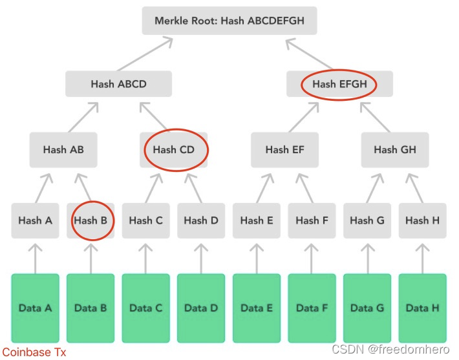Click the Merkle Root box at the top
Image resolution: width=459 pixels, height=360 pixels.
229,21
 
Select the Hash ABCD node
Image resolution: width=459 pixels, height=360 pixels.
118,84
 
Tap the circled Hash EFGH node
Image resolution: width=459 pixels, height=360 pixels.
339,84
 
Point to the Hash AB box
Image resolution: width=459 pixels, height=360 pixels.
63,150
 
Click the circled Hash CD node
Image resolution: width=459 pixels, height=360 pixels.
174,150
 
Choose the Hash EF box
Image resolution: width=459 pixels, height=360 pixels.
285,150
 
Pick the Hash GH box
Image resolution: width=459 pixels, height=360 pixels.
395,150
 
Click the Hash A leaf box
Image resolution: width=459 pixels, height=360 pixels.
35,220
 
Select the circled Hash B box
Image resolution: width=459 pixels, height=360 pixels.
91,220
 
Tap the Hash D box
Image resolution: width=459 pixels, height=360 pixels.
201,220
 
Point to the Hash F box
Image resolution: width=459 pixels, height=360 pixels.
312,220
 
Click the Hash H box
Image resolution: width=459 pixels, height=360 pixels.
422,220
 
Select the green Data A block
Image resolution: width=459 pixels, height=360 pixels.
35,308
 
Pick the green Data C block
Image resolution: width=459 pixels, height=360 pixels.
145,308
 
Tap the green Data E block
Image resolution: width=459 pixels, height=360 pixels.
257,308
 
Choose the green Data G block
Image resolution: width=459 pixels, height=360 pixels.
367,308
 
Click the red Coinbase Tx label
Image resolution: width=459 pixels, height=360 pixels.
34,352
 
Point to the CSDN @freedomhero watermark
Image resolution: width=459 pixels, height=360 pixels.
390,349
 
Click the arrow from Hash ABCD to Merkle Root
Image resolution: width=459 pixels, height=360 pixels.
145,54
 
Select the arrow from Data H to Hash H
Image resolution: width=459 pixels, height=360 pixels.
422,259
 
